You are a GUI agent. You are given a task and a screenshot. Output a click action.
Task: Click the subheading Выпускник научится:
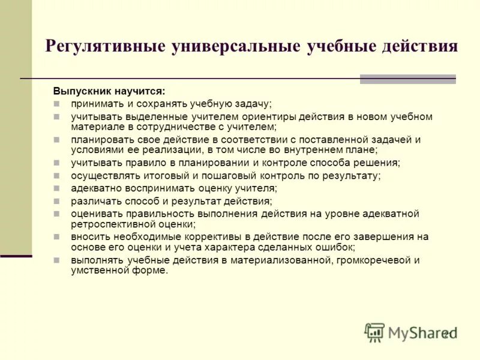[x=109, y=91]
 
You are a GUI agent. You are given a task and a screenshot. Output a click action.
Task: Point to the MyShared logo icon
[x=374, y=332]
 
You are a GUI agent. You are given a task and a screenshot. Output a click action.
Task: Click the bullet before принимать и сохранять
[x=56, y=103]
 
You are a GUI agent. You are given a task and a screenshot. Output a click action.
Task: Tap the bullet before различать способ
[x=56, y=201]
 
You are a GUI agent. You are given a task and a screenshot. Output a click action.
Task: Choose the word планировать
[x=99, y=140]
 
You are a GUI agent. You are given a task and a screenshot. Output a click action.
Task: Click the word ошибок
[x=339, y=247]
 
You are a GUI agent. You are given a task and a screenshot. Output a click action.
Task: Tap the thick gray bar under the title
[x=407, y=79]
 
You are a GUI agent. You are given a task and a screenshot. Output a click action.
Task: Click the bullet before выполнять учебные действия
[x=56, y=260]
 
